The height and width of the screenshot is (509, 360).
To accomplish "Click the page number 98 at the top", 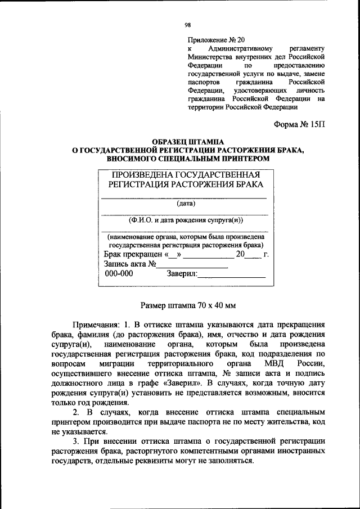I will (188, 25).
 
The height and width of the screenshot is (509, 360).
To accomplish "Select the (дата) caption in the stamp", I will (185, 204).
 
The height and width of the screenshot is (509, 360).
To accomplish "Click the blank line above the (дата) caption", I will (183, 198).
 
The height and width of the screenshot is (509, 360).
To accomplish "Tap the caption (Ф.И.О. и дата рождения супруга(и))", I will (185, 220).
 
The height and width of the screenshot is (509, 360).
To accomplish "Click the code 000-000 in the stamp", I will (119, 274).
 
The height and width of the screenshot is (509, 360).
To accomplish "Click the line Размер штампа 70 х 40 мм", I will (187, 306).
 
